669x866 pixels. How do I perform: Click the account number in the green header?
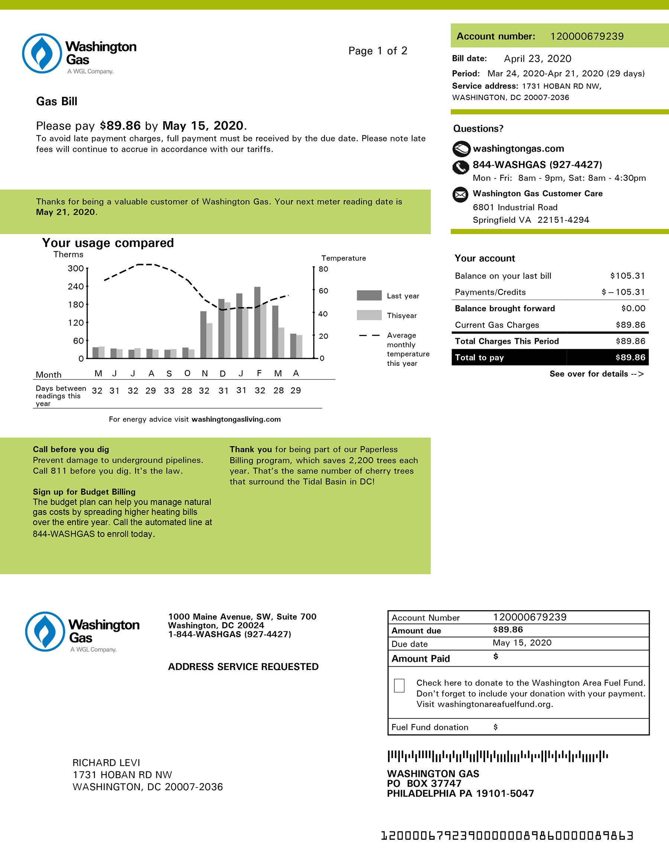click(x=586, y=36)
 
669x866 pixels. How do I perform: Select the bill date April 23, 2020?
click(x=537, y=59)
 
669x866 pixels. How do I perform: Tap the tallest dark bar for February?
click(x=257, y=322)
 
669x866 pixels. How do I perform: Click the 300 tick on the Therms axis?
click(x=76, y=268)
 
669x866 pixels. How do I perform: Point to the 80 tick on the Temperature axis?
click(x=323, y=269)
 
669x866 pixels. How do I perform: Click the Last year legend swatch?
click(x=369, y=295)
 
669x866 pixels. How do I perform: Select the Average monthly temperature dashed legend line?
click(x=369, y=335)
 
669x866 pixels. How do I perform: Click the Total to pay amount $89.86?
click(x=630, y=357)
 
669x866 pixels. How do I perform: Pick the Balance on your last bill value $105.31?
click(x=627, y=276)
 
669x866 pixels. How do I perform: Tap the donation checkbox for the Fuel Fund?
click(x=399, y=685)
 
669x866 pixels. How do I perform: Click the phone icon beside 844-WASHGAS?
click(x=460, y=167)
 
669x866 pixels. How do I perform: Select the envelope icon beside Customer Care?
click(x=460, y=195)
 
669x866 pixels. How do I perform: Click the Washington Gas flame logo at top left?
click(x=42, y=54)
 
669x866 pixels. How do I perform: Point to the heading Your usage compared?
click(x=108, y=243)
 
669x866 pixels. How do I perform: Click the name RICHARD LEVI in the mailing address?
click(x=106, y=763)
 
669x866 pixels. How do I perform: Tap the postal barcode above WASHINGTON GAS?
click(x=497, y=756)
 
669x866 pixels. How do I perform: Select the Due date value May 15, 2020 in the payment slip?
click(x=522, y=643)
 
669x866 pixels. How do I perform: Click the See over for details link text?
click(x=596, y=374)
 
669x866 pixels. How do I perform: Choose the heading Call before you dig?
click(x=71, y=449)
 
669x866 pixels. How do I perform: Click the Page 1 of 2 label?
click(x=378, y=51)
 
